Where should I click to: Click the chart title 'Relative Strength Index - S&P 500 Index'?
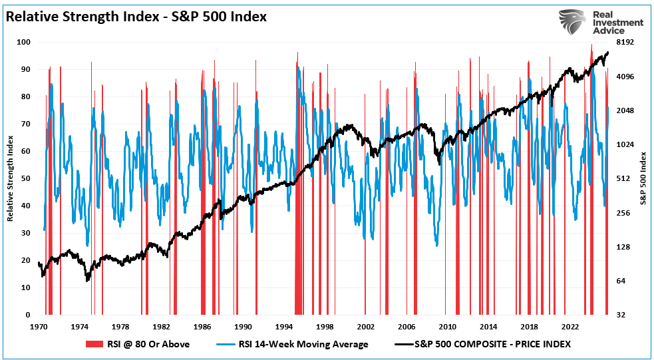(x=136, y=17)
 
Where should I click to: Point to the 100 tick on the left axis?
(x=25, y=42)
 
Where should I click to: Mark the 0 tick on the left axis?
(x=29, y=315)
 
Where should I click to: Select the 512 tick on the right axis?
(x=625, y=178)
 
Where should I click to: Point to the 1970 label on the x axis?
(x=39, y=327)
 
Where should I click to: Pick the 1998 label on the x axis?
(x=325, y=327)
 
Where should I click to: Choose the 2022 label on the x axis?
(x=570, y=327)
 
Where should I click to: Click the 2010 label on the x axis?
(x=447, y=327)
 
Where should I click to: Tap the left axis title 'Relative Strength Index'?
(x=10, y=178)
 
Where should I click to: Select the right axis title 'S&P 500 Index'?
(x=643, y=178)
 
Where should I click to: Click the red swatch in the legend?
(x=93, y=344)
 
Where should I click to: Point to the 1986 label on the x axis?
(x=202, y=327)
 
